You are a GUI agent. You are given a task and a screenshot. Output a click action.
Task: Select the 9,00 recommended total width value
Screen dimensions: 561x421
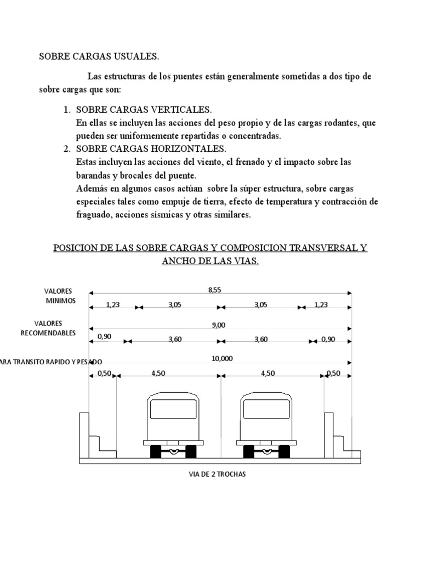pos(218,325)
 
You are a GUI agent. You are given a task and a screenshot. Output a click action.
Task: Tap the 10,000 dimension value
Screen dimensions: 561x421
pos(221,358)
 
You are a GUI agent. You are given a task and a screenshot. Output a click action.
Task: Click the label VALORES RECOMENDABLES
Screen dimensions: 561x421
pos(48,328)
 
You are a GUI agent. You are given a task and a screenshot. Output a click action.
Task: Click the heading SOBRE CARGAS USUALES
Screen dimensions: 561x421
pos(99,56)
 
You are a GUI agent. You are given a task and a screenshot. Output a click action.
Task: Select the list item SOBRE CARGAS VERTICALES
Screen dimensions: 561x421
pos(143,110)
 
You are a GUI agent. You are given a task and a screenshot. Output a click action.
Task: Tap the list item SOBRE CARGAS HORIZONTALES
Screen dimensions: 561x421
pos(151,148)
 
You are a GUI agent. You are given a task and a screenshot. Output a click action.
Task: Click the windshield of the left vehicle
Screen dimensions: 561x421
pos(173,409)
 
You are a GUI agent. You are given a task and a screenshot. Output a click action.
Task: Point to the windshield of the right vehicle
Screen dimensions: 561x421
pos(266,409)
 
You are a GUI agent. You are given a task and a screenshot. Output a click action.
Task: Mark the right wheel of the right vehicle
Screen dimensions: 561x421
pos(284,452)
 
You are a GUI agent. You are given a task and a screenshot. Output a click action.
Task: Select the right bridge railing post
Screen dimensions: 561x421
pos(329,433)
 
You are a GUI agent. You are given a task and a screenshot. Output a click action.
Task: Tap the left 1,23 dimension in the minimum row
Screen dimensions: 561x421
pos(112,305)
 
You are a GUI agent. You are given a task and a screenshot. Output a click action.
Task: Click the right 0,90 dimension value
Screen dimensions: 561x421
pos(328,339)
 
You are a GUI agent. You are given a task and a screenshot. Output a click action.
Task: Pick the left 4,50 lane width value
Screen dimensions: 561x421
pos(159,374)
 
